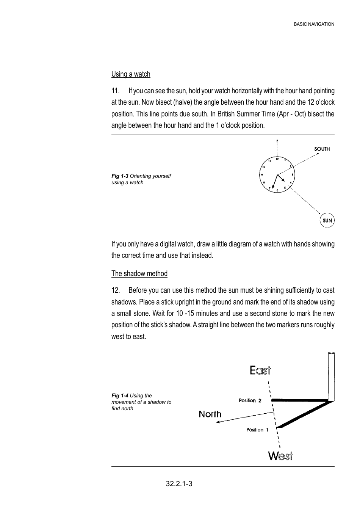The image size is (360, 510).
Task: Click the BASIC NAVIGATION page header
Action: (314, 24)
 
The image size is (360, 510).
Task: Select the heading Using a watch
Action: (131, 74)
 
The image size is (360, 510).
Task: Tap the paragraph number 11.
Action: (115, 91)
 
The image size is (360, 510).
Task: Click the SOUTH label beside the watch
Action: (322, 149)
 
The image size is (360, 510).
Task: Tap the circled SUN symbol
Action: (327, 220)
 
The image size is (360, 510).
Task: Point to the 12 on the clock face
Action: (277, 159)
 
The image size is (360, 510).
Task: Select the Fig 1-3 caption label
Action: (120, 176)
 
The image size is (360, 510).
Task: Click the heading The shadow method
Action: (139, 274)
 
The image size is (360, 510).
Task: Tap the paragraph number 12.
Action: (115, 290)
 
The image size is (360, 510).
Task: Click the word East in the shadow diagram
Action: (260, 370)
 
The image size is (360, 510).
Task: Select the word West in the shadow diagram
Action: (280, 455)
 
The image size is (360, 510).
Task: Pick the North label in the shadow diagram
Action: (210, 414)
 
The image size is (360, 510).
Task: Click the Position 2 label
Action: (250, 400)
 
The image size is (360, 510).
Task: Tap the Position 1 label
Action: (257, 430)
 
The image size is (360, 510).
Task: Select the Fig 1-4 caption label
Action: (120, 395)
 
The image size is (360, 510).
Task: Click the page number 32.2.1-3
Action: (179, 484)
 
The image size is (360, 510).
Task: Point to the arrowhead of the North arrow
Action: (218, 422)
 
